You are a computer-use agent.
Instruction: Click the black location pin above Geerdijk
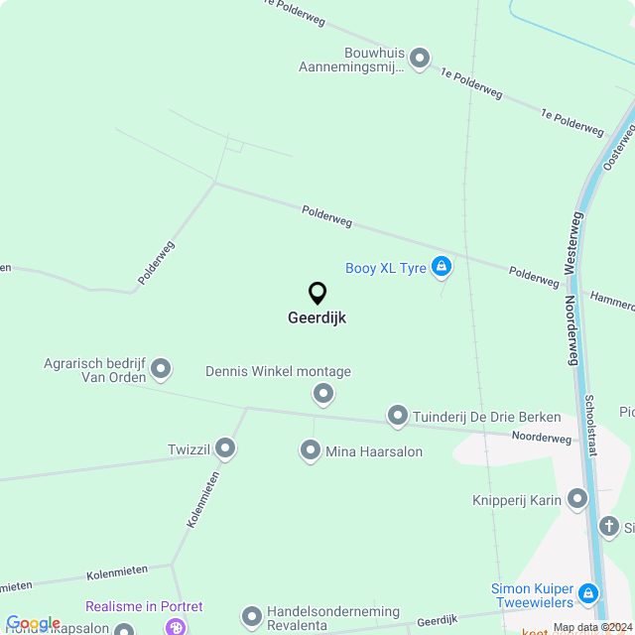pos(317,294)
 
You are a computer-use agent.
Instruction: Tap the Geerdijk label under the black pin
pos(317,318)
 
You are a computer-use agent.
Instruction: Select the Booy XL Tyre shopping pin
pos(442,266)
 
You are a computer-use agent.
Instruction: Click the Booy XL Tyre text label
pos(386,268)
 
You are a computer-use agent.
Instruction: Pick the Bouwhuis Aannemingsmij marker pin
pos(420,60)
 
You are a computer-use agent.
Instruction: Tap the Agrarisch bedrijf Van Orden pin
pos(161,370)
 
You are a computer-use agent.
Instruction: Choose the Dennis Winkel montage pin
pos(322,395)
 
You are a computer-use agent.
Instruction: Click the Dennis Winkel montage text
pos(278,372)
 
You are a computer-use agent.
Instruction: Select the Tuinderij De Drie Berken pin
pos(398,416)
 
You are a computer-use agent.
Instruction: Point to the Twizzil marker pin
pos(225,448)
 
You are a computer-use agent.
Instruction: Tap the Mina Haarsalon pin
pos(311,451)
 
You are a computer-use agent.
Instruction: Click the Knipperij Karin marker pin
pos(577,500)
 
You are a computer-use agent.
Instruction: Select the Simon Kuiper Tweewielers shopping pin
pos(587,594)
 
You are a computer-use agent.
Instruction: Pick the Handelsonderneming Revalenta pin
pos(252,616)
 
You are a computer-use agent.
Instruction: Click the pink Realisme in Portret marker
pos(176,626)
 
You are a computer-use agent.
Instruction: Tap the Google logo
pos(33,623)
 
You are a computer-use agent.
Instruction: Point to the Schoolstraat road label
pos(590,425)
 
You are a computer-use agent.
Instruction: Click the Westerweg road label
pos(571,242)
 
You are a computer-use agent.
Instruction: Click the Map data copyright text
pos(592,627)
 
